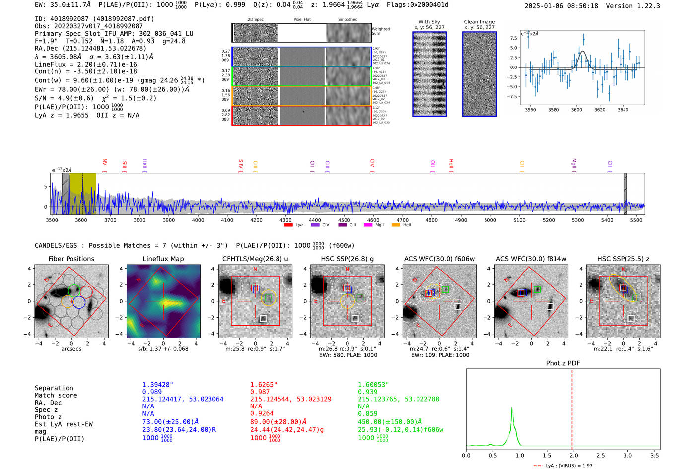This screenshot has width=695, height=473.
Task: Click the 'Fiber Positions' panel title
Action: tap(71, 259)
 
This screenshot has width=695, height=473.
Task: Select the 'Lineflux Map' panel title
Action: tap(163, 259)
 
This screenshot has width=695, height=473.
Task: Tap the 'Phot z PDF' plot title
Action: tap(562, 363)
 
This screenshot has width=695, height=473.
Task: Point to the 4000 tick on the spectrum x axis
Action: tap(198, 220)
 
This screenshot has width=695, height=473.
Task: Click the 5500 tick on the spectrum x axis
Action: tap(636, 220)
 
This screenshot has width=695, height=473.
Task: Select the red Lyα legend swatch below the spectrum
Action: tap(288, 225)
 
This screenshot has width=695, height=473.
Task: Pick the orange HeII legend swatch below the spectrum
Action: tap(396, 225)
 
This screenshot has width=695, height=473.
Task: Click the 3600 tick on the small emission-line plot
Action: tap(576, 110)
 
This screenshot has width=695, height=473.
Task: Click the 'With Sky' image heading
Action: tap(429, 22)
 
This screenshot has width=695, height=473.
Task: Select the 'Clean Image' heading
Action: tap(479, 22)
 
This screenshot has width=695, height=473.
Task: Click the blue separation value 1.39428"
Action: tap(157, 385)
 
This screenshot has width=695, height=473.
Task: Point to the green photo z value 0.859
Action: tap(368, 413)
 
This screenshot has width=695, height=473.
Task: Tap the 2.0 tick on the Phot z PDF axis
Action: tap(573, 455)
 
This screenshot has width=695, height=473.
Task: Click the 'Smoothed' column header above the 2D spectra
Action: tap(347, 20)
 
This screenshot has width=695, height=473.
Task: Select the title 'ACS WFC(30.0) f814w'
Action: tap(531, 259)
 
